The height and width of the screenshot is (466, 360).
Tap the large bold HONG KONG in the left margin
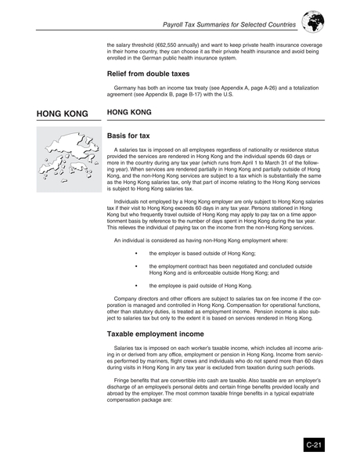62,114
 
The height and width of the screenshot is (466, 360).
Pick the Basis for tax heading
129,136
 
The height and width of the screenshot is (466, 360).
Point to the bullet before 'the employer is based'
136,254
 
